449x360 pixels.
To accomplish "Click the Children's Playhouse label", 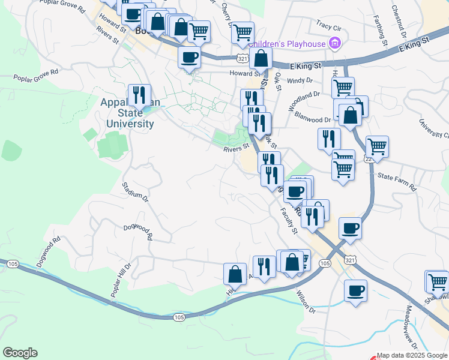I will pyautogui.click(x=287, y=43).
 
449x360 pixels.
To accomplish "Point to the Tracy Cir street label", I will pyautogui.click(x=328, y=27).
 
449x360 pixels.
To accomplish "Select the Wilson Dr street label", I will pyautogui.click(x=305, y=302).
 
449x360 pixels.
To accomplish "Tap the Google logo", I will pyautogui.click(x=20, y=353).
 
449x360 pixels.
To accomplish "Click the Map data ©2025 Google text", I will pyautogui.click(x=412, y=355).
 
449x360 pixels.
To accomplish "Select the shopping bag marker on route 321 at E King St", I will pyautogui.click(x=261, y=59).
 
